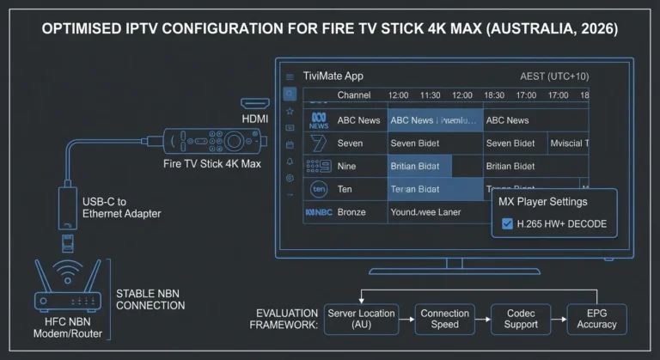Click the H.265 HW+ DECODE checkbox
tap(507, 224)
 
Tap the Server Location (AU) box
tap(361, 319)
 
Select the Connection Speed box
tap(444, 319)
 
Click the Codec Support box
tap(521, 319)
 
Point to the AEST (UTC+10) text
tap(555, 76)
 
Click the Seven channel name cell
tap(351, 143)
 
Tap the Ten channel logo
tap(319, 188)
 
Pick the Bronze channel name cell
tap(351, 211)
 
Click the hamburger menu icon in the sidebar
tap(290, 76)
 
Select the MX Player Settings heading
tap(542, 202)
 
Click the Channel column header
tap(354, 95)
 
